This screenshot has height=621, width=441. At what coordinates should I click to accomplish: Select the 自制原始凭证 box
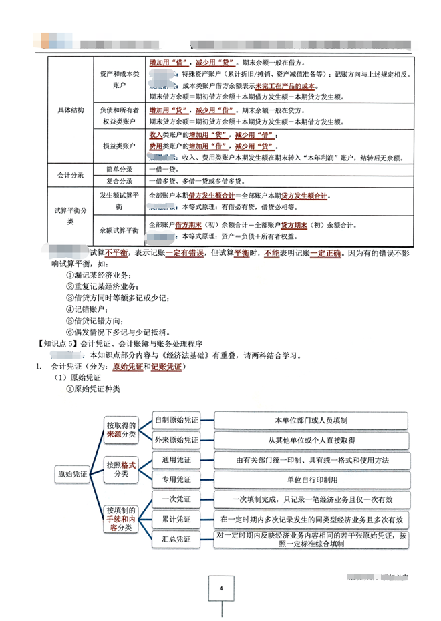(x=176, y=421)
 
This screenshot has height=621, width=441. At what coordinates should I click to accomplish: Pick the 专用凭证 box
(x=176, y=479)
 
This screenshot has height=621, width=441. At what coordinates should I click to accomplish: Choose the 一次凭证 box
(x=176, y=499)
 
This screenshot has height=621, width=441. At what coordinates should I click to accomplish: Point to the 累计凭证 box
(x=176, y=519)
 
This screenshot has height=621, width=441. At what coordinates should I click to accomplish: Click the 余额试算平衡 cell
(x=118, y=230)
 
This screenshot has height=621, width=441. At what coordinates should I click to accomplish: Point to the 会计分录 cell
(x=69, y=175)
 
